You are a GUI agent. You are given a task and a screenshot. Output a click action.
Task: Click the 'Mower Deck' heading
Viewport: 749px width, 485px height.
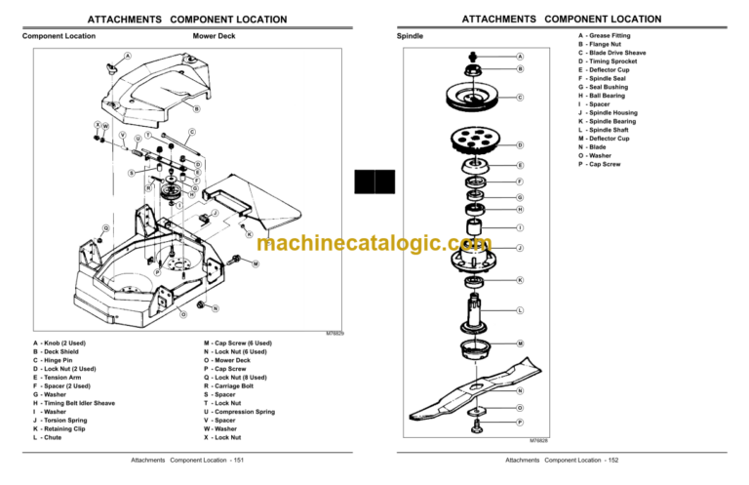[214, 36]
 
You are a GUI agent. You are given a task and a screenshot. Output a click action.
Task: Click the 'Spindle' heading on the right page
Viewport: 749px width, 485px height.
[410, 36]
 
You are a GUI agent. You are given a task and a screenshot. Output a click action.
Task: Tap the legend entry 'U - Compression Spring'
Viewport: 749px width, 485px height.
[239, 412]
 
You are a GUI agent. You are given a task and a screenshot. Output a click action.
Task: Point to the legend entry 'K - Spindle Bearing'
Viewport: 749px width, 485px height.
[610, 121]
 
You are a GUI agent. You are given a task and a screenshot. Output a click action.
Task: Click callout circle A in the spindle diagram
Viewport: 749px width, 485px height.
[520, 57]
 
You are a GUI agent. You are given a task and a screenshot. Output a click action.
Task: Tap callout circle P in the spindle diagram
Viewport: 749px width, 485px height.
[520, 422]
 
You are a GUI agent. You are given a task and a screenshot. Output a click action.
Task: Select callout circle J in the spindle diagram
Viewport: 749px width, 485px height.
[520, 248]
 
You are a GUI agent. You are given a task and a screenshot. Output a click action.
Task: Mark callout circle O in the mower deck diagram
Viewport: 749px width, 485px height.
[182, 314]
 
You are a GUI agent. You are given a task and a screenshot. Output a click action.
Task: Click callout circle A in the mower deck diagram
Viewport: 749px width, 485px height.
[127, 55]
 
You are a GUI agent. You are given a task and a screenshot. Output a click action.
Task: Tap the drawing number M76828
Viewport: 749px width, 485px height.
[539, 441]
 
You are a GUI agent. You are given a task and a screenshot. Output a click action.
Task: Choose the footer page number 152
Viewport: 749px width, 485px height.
[612, 460]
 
